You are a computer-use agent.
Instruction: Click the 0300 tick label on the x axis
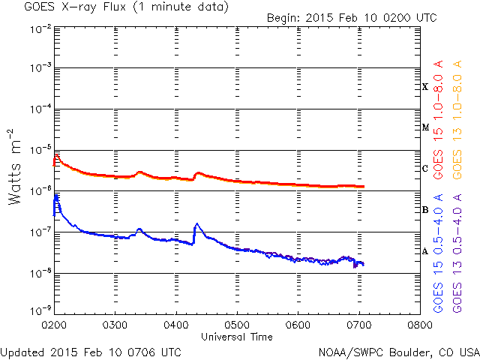115,326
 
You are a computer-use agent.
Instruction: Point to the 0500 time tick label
237,326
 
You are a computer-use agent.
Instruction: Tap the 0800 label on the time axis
419,326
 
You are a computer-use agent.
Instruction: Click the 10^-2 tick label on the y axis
40,28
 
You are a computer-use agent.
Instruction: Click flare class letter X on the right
425,87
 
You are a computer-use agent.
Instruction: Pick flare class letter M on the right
425,127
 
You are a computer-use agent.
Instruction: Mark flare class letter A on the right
425,250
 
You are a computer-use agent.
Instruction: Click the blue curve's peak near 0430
197,223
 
